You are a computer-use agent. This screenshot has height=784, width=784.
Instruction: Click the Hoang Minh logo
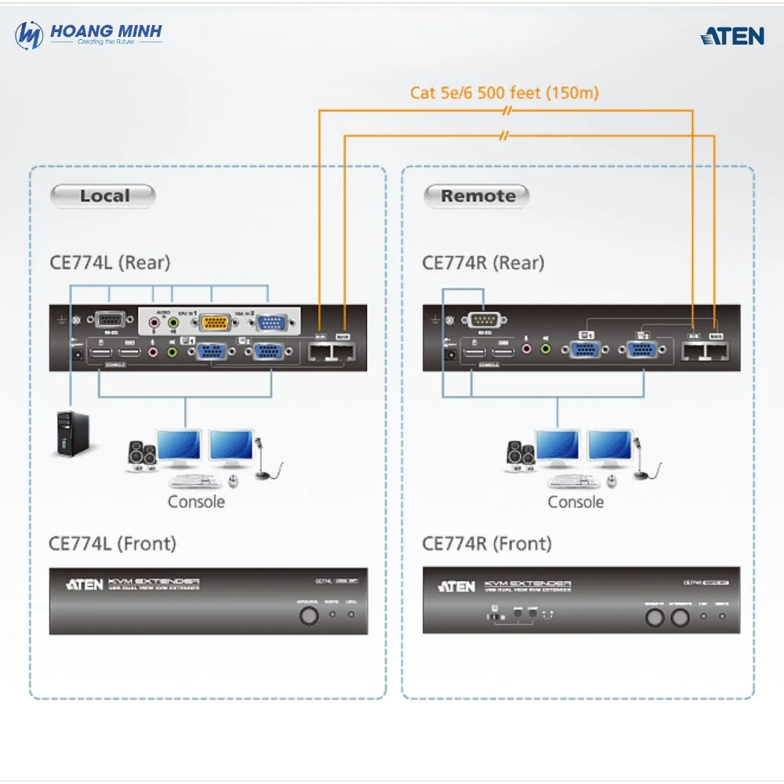88,35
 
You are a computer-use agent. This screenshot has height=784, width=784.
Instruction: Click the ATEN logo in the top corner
731,36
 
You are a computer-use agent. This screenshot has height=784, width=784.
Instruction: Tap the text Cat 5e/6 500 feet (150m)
504,93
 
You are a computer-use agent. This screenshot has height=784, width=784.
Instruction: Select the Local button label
103,196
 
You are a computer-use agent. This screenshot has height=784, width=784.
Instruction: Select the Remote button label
477,196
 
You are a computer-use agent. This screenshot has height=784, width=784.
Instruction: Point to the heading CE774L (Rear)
109,263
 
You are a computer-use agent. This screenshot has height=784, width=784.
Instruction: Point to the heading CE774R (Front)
486,543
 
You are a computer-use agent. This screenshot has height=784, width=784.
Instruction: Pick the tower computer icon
70,434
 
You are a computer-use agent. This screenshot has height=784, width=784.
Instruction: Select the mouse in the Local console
232,480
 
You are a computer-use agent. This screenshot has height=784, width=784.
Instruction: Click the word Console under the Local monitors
196,502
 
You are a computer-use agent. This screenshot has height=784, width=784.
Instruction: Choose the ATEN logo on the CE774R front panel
456,586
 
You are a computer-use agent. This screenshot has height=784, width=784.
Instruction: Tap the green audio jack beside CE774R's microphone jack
546,346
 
